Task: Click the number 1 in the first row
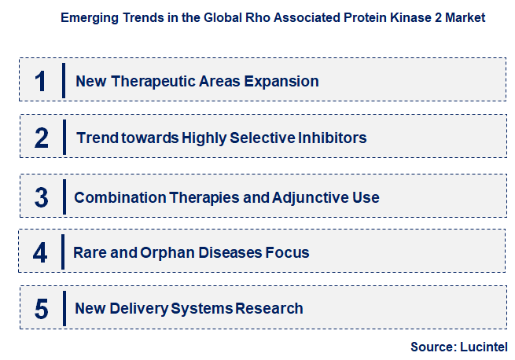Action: tap(41, 81)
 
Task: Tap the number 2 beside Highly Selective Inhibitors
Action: tap(42, 138)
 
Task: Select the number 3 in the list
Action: tap(41, 197)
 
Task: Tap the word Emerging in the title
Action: tap(87, 17)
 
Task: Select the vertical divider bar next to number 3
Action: tap(63, 196)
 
